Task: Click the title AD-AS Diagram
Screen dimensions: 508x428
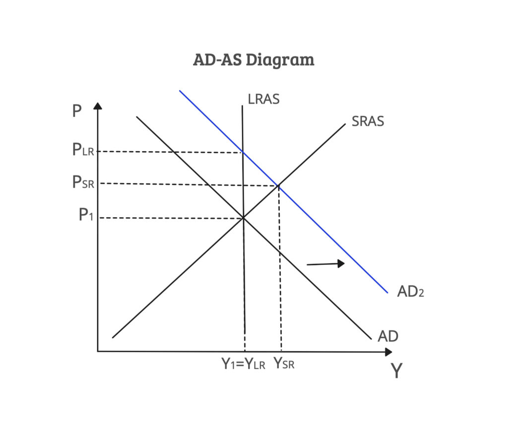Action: point(254,60)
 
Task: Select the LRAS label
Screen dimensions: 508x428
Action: point(263,99)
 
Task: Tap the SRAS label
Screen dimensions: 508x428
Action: point(368,122)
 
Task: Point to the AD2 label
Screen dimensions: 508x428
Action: point(410,291)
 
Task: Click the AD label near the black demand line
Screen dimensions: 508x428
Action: point(388,336)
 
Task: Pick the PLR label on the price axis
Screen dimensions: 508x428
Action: point(83,150)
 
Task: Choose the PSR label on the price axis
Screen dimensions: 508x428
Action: point(83,182)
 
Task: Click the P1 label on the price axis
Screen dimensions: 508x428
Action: point(86,214)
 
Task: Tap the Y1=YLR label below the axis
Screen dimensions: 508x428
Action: point(243,364)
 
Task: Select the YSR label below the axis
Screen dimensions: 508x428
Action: point(284,364)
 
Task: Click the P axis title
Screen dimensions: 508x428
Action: point(77,111)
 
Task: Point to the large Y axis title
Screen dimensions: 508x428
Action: point(396,370)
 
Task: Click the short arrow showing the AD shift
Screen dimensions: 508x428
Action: point(325,264)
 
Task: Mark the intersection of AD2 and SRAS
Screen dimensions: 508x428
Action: point(278,185)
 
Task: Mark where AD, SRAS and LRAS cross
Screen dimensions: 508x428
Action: point(243,218)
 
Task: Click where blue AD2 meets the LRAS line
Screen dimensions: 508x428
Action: point(242,152)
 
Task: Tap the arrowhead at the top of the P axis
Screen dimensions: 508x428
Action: point(98,106)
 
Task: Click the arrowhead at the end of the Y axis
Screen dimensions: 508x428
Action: point(389,352)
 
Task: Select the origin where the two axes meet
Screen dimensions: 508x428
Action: point(98,351)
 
